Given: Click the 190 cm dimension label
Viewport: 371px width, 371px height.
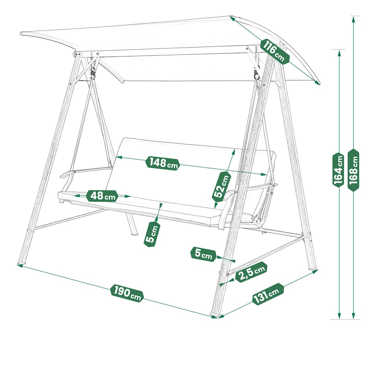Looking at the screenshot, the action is click(x=127, y=293).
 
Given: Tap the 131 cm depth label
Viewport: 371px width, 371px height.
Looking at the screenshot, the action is click(x=268, y=294).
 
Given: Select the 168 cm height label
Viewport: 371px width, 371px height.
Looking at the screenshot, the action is click(x=353, y=170).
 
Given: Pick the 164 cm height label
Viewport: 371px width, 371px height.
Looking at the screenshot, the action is click(x=338, y=170).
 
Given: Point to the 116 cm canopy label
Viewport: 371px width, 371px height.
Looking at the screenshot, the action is click(x=275, y=51).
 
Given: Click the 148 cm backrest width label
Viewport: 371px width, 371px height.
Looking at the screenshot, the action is click(x=163, y=163).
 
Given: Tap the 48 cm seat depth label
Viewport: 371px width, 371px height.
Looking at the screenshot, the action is click(x=102, y=196).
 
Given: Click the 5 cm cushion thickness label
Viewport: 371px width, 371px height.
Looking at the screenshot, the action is click(x=152, y=234).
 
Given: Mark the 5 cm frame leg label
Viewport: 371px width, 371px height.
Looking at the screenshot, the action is click(x=203, y=254).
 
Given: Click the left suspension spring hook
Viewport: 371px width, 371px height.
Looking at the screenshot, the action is click(x=94, y=71).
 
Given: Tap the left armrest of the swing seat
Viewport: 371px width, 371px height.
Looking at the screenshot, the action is click(x=67, y=174).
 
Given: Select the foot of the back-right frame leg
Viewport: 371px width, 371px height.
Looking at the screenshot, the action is click(x=314, y=270).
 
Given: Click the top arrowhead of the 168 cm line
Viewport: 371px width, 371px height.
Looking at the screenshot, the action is click(x=353, y=19).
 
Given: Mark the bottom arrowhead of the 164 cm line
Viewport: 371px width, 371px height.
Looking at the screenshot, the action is click(x=339, y=316).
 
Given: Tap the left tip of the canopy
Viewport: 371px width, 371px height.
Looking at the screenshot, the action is click(x=21, y=33).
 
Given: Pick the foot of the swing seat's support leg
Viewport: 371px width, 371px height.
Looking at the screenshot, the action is click(x=134, y=234).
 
